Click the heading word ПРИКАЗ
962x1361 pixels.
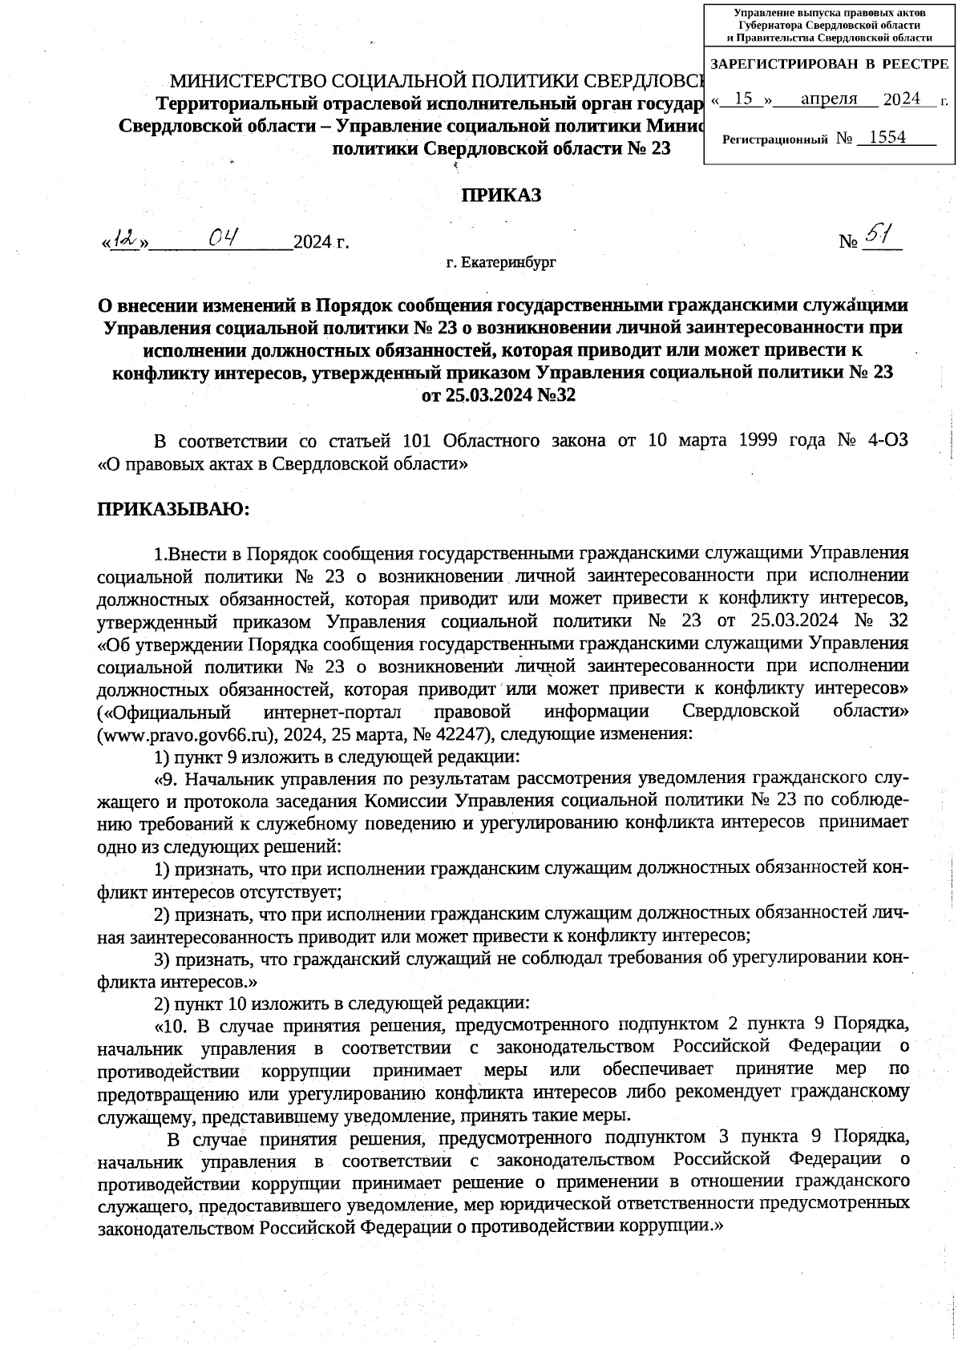tap(500, 195)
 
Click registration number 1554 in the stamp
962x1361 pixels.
tap(887, 137)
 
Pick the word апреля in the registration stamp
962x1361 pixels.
tap(829, 98)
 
